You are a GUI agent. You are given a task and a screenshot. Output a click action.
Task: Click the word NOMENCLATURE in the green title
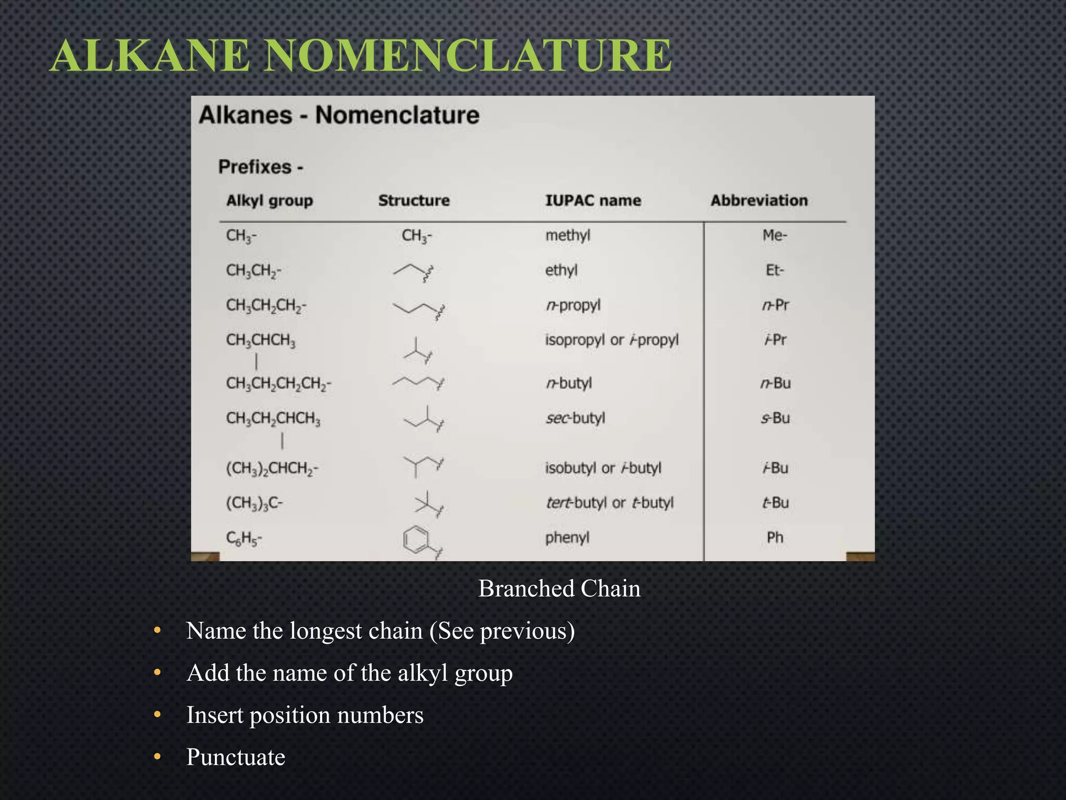467,56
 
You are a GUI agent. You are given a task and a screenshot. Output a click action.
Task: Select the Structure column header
414,201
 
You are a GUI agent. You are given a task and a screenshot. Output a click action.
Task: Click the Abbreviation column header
759,201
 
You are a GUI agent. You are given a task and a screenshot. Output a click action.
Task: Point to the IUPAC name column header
593,201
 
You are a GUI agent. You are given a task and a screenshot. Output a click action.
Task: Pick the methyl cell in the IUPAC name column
567,235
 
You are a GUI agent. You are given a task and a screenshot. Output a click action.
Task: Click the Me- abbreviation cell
775,235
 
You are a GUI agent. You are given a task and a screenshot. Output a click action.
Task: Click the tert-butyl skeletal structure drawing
428,503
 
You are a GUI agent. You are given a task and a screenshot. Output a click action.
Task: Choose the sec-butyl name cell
575,418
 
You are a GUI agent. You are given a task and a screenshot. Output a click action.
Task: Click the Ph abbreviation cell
775,537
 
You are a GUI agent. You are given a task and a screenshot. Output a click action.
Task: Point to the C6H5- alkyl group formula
244,538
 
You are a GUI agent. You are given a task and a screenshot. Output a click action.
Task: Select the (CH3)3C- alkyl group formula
254,503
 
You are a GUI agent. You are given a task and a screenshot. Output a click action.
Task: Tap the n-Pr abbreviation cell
775,305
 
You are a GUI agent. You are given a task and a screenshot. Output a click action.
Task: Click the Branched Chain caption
559,589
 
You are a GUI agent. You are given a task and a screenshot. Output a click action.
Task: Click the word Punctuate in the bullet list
236,757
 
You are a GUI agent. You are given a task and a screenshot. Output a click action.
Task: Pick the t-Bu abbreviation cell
775,503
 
